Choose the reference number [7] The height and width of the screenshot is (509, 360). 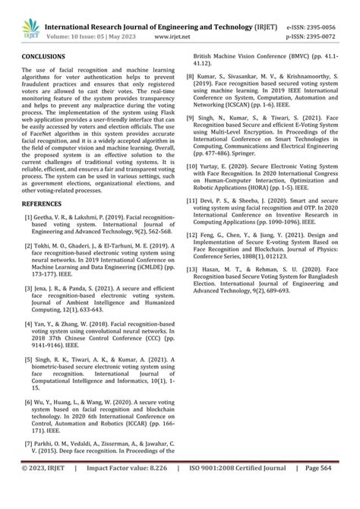[x=28, y=463]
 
